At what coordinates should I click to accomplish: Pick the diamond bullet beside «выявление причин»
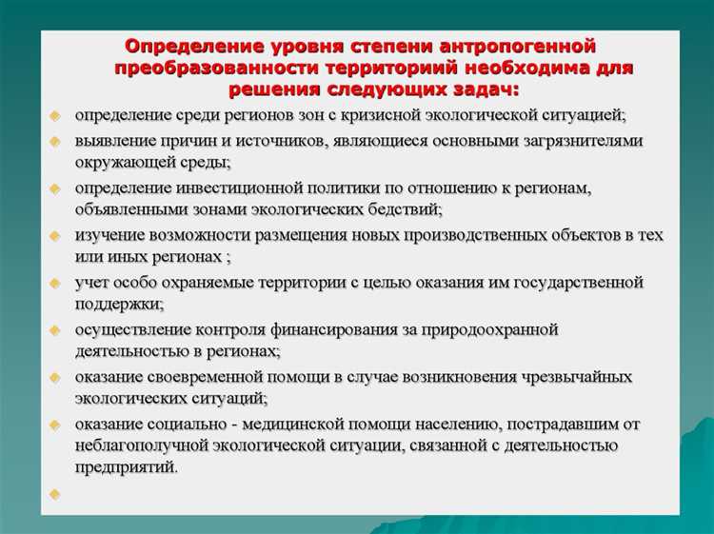(55, 141)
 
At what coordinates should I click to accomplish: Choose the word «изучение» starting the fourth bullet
(109, 235)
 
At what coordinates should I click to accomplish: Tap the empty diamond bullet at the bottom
(55, 494)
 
